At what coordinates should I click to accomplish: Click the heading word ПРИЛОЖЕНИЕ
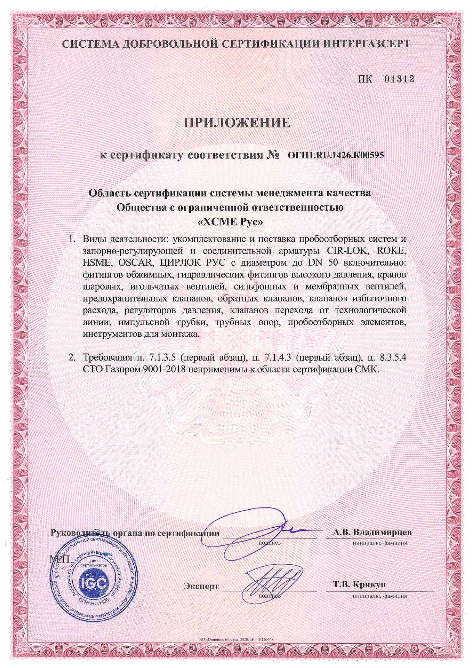click(x=237, y=123)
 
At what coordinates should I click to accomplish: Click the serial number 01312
click(x=399, y=79)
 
